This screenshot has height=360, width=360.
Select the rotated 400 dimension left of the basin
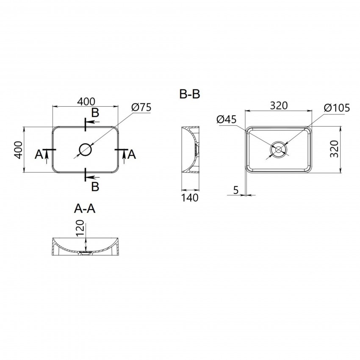18,150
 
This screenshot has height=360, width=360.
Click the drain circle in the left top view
85,150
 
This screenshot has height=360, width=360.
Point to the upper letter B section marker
96,113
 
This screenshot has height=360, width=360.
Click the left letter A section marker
39,155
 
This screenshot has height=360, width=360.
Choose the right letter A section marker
132,155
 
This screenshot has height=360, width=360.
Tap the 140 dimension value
190,198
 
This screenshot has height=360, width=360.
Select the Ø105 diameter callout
337,108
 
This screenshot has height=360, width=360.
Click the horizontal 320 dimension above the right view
278,105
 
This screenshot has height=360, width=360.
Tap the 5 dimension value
236,191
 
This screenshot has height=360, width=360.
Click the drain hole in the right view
279,150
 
